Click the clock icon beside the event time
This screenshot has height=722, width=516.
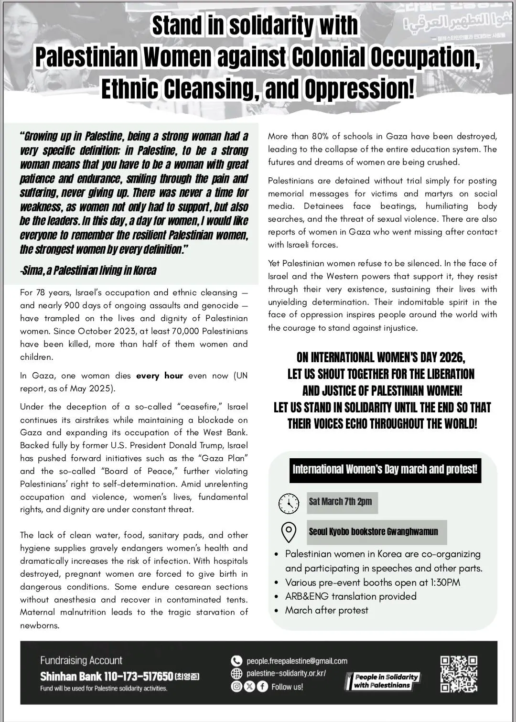[x=289, y=502]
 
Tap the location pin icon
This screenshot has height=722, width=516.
[x=289, y=532]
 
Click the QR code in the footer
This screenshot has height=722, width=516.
[x=458, y=674]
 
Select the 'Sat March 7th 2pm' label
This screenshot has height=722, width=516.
[x=340, y=502]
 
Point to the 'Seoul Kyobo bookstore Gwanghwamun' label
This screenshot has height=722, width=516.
[x=373, y=532]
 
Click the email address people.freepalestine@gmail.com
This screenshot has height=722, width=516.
[x=297, y=661]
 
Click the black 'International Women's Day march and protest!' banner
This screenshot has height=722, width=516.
[x=385, y=469]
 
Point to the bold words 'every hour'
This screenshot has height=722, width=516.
[x=160, y=376]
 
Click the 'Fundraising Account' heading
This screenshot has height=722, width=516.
[x=81, y=660]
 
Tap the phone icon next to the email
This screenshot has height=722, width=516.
[x=236, y=661]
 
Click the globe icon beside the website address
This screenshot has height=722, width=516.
[x=236, y=673]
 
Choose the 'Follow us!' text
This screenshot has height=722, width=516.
[x=287, y=687]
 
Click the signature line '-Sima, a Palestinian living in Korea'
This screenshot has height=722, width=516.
[x=88, y=270]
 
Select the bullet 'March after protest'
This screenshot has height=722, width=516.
[x=327, y=610]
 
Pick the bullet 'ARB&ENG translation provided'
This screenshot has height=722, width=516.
[x=351, y=596]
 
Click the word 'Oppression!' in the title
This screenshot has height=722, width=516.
[x=359, y=88]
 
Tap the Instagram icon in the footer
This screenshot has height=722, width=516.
[x=236, y=687]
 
